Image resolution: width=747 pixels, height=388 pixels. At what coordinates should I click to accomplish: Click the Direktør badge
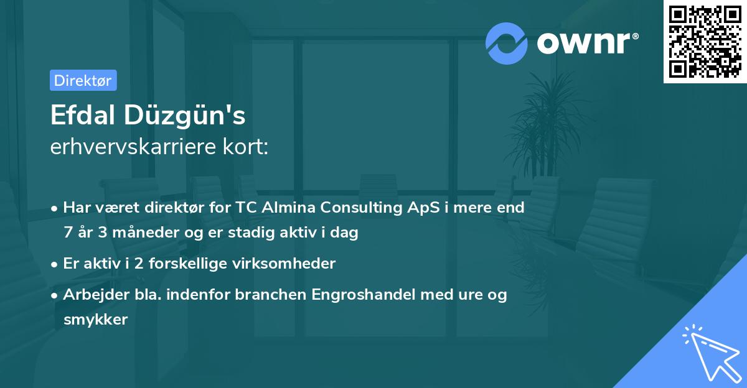pos(83,80)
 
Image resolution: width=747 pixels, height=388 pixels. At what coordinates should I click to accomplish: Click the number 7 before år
pos(68,233)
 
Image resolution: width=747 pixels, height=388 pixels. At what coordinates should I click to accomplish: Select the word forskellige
pos(191,263)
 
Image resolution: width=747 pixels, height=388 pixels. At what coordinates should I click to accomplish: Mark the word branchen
pos(263,294)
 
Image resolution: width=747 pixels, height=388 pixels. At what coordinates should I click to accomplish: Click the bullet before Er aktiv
pos(55,264)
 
